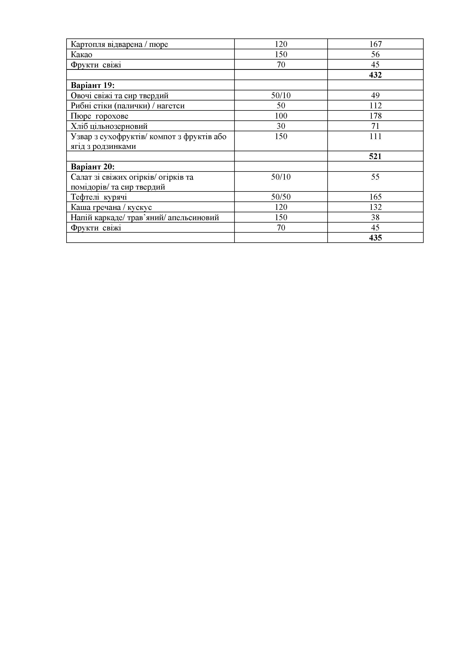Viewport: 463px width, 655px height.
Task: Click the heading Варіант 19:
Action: (92, 85)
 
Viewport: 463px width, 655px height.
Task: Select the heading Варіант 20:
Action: (92, 167)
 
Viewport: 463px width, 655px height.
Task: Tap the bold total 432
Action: (375, 75)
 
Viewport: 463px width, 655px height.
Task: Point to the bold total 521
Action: (375, 156)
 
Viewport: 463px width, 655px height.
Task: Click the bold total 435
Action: (375, 238)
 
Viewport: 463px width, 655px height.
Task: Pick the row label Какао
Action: (82, 55)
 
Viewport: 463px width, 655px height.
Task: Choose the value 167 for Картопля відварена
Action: (375, 44)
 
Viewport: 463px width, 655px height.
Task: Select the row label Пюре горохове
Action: (99, 116)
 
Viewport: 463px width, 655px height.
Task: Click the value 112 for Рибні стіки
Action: (375, 106)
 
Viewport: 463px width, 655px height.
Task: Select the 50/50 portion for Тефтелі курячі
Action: (281, 197)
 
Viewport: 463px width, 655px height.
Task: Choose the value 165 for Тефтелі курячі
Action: (375, 197)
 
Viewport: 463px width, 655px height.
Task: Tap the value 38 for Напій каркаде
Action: (375, 217)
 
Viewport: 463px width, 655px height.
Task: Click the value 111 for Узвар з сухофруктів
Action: (375, 136)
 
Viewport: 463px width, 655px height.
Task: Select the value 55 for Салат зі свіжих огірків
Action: (375, 177)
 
